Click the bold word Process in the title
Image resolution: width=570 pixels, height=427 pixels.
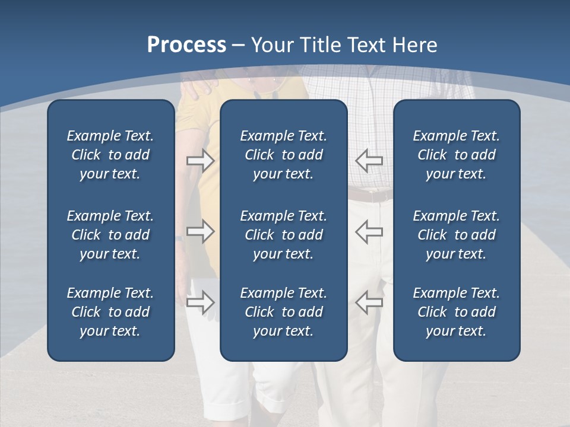(186, 45)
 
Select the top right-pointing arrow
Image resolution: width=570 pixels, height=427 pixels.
(200, 160)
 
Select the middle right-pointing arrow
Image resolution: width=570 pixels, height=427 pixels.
(200, 231)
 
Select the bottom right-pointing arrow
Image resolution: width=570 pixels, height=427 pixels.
(200, 302)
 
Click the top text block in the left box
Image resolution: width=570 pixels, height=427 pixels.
(110, 155)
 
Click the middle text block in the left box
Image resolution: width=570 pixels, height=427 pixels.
(110, 235)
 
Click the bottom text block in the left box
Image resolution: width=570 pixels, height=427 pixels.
(110, 312)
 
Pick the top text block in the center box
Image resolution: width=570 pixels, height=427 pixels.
(284, 155)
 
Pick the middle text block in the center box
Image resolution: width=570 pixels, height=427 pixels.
(284, 235)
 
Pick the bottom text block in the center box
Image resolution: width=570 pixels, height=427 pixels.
(284, 312)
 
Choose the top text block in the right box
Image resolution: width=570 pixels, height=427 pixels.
(457, 155)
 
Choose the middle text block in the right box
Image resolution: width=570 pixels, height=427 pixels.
(457, 235)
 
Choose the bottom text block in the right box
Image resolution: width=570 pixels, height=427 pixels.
(457, 312)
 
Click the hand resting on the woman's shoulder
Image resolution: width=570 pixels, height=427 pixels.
(198, 87)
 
